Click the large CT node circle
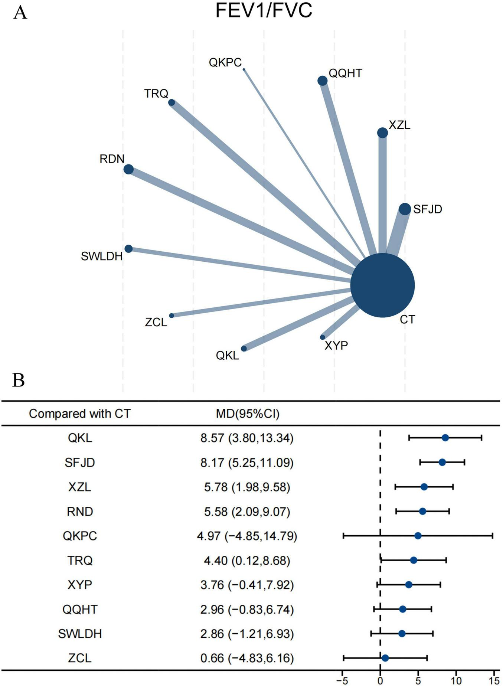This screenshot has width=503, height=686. click(x=382, y=285)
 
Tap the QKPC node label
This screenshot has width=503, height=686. click(x=225, y=62)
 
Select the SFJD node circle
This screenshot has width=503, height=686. click(x=405, y=209)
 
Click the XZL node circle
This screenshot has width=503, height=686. click(x=382, y=133)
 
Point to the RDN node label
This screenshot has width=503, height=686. click(x=112, y=159)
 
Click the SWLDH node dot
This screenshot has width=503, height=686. click(x=128, y=249)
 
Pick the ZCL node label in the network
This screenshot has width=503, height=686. click(x=156, y=322)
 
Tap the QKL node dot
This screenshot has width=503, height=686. click(x=244, y=349)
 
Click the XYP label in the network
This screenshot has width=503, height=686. click(x=336, y=346)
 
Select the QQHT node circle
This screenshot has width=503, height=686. click(x=323, y=81)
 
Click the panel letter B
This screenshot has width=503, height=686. click(x=19, y=380)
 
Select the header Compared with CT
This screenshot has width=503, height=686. click(x=80, y=414)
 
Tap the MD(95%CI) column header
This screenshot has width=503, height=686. click(x=248, y=414)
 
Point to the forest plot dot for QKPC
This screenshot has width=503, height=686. click(x=418, y=536)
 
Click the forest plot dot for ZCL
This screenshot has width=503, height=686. click(x=385, y=658)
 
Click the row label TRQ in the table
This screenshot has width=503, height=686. click(x=80, y=560)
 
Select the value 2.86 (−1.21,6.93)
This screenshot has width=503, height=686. click(x=247, y=634)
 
